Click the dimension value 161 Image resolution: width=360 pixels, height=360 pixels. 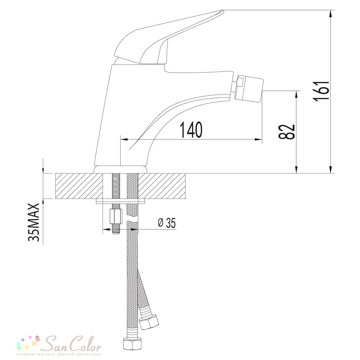pos(321,91)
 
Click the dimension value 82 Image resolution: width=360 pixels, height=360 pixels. pos(286,132)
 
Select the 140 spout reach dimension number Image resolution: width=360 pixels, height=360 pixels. pos(191,130)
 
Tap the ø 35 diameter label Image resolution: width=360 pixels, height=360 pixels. pos(167,223)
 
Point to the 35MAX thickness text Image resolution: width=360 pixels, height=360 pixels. pos(34,222)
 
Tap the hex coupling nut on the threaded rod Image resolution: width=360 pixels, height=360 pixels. pos(115,217)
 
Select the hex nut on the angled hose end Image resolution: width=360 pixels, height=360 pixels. pos(150,323)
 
